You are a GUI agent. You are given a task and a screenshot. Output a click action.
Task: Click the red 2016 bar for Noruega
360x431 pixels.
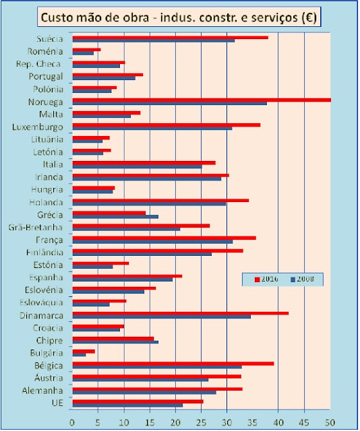pyautogui.click(x=202, y=100)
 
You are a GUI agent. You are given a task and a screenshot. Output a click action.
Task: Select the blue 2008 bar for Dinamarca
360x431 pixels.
pyautogui.click(x=162, y=317)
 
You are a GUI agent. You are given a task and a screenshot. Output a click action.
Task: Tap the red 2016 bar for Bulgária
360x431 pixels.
pyautogui.click(x=84, y=352)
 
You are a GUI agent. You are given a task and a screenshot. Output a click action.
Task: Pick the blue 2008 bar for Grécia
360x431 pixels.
pyautogui.click(x=115, y=217)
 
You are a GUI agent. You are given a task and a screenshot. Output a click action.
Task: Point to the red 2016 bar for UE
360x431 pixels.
pyautogui.click(x=138, y=401)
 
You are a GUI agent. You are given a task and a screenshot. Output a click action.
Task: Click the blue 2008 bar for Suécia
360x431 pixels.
pyautogui.click(x=154, y=40)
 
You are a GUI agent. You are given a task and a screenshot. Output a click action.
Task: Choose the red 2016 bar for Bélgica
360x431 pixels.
pyautogui.click(x=173, y=364)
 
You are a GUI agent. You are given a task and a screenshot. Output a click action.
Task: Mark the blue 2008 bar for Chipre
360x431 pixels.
pyautogui.click(x=115, y=342)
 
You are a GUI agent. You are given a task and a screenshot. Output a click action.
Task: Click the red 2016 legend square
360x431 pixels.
pyautogui.click(x=258, y=279)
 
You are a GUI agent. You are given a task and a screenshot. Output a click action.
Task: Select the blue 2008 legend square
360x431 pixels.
pyautogui.click(x=293, y=279)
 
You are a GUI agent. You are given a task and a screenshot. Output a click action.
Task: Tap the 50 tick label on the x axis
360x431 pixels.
pyautogui.click(x=330, y=422)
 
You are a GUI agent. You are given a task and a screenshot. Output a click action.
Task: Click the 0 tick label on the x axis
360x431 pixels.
pyautogui.click(x=72, y=422)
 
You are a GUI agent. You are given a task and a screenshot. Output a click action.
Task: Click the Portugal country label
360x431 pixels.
pyautogui.click(x=46, y=76)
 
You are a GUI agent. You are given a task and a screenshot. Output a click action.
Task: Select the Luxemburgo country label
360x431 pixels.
pyautogui.click(x=38, y=127)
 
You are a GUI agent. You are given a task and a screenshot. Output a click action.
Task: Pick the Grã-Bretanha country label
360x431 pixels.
pyautogui.click(x=36, y=228)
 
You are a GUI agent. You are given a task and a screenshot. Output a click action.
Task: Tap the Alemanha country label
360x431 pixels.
pyautogui.click(x=42, y=391)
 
